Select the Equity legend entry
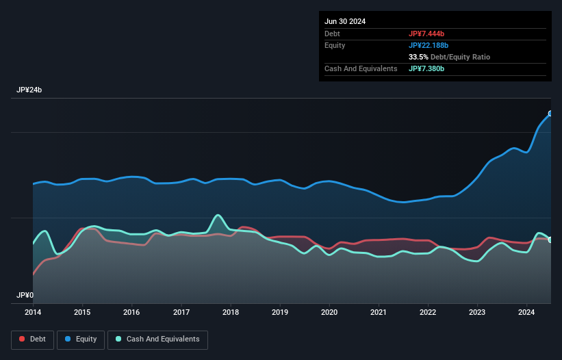pos(81,339)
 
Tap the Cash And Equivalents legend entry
pos(157,339)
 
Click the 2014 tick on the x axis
pos(33,312)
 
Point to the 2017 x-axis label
pos(181,312)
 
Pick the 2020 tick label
pos(329,312)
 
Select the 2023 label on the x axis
pos(477,312)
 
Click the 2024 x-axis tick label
pos(526,312)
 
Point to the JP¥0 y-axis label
pos(25,296)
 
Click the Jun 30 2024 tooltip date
pos(345,21)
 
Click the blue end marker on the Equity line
pos(550,114)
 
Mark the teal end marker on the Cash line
pos(550,240)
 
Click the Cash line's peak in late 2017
pos(218,215)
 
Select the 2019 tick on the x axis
pos(280,312)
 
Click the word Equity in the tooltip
pos(335,45)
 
